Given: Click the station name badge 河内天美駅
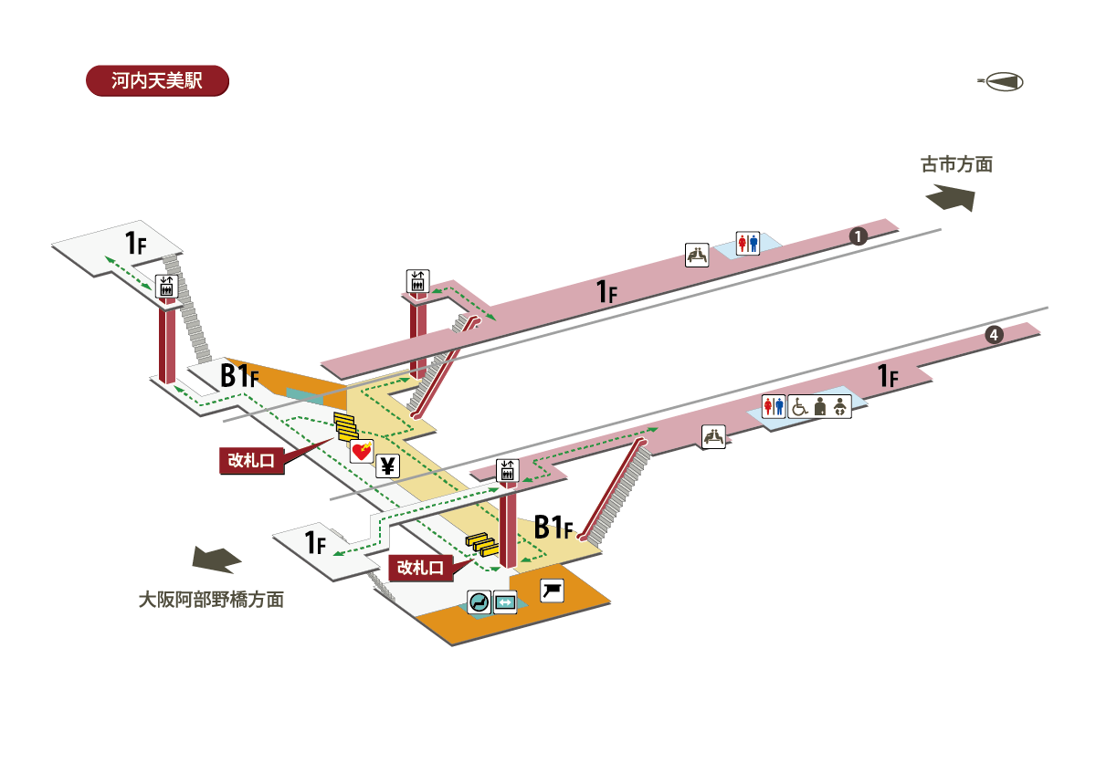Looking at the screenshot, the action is coord(157,80).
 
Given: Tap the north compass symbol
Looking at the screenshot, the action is coord(1002,81).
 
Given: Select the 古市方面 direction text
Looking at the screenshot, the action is coord(956,165).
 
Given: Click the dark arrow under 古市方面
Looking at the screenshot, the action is coord(950,197).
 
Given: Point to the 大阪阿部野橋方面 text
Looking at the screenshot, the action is coord(211,600).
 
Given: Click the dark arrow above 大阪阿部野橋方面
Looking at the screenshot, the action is coord(216,560).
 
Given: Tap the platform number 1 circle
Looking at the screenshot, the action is coord(858,236).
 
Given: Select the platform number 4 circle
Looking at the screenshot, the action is coord(994,335).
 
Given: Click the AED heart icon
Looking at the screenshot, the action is coord(362,451).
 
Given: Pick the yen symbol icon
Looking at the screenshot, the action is coord(387,466).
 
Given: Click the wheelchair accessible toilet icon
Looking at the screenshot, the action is coord(799,407).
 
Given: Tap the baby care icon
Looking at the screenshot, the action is coord(840,407).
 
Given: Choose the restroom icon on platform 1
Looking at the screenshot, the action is coord(748,244).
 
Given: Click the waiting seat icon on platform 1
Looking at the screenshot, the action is coord(697,256).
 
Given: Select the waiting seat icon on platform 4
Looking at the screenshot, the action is coord(713,436).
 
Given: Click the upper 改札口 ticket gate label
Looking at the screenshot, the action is coord(251,461).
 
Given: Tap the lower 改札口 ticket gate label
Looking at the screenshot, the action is coord(420,568).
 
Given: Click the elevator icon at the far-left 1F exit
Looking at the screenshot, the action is coord(166,287).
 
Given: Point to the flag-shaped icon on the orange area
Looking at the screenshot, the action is coord(552,591).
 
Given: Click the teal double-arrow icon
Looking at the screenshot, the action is coord(505,601).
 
